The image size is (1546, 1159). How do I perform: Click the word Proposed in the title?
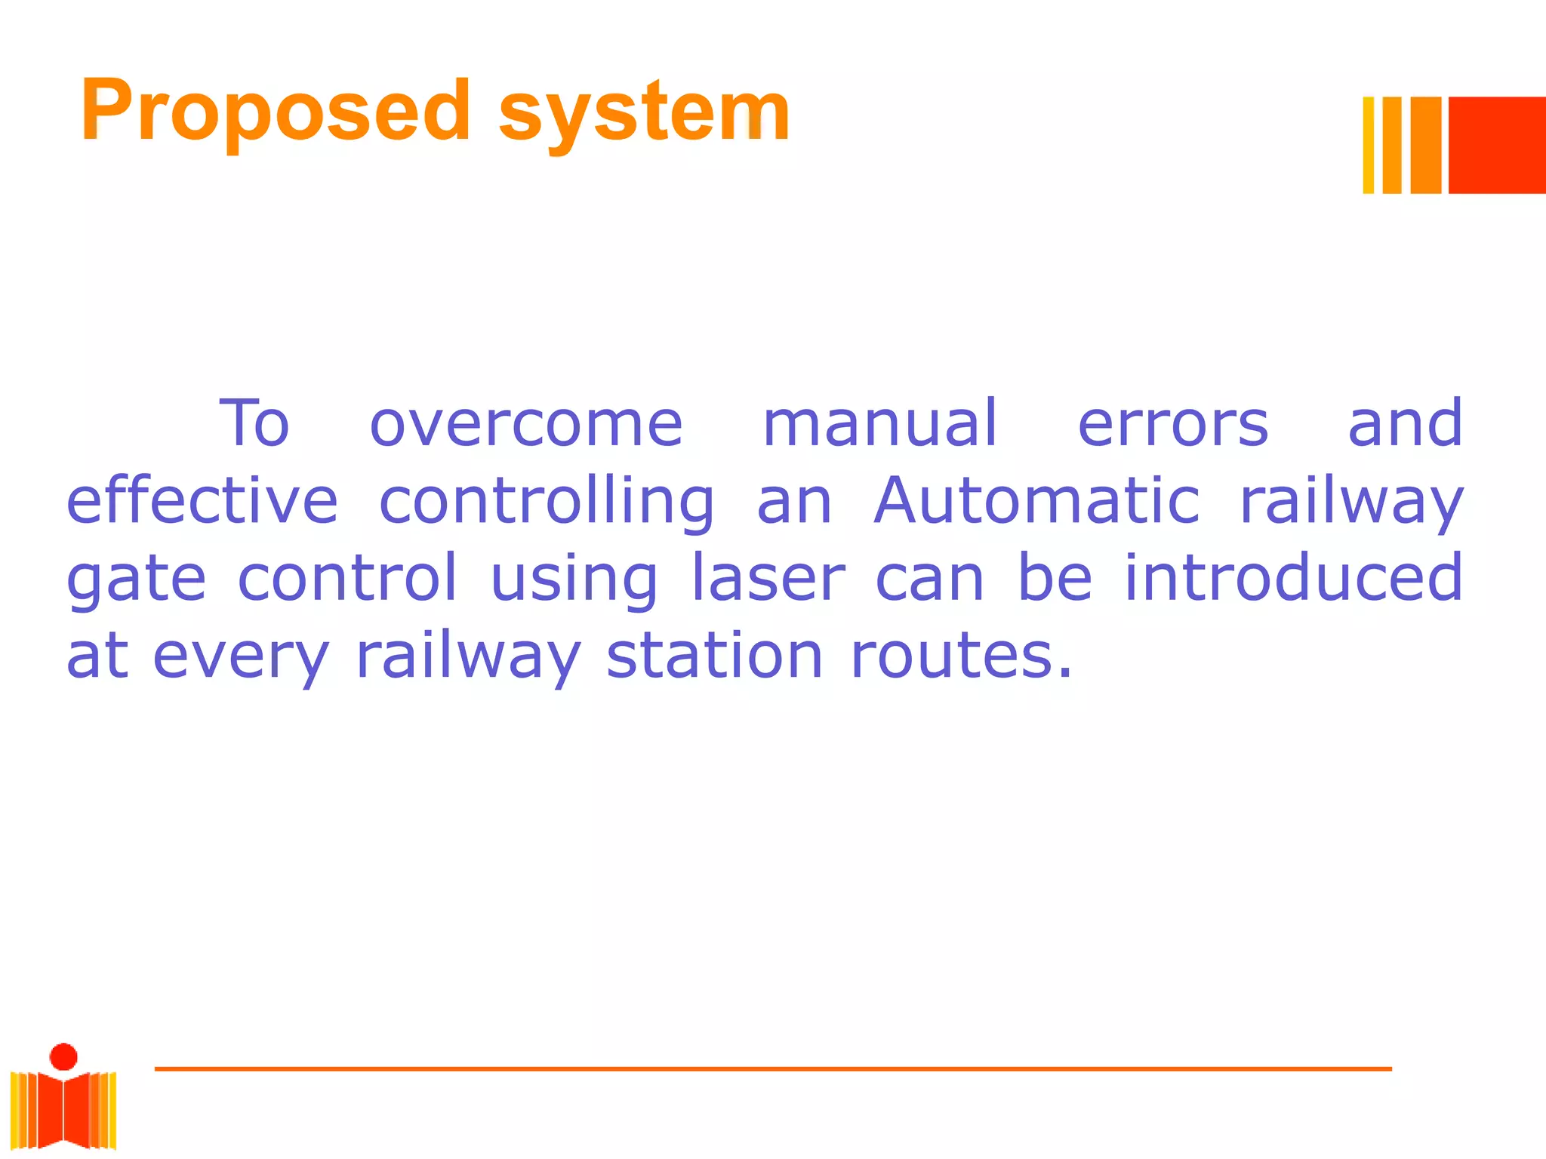coord(276,112)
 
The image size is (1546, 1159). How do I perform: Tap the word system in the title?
coord(644,113)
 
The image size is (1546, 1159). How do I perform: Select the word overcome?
coord(526,424)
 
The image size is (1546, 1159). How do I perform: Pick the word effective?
coord(202,501)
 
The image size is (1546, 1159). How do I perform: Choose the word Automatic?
coord(1036,501)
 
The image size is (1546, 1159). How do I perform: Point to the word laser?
coord(768,578)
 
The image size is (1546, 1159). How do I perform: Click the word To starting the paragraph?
coord(254,424)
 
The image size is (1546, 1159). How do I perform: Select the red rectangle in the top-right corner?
coord(1496,145)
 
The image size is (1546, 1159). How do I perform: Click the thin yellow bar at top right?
coord(1368,145)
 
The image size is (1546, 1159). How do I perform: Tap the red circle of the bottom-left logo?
coord(63,1056)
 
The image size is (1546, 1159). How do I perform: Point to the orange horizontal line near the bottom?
coord(773,1068)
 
